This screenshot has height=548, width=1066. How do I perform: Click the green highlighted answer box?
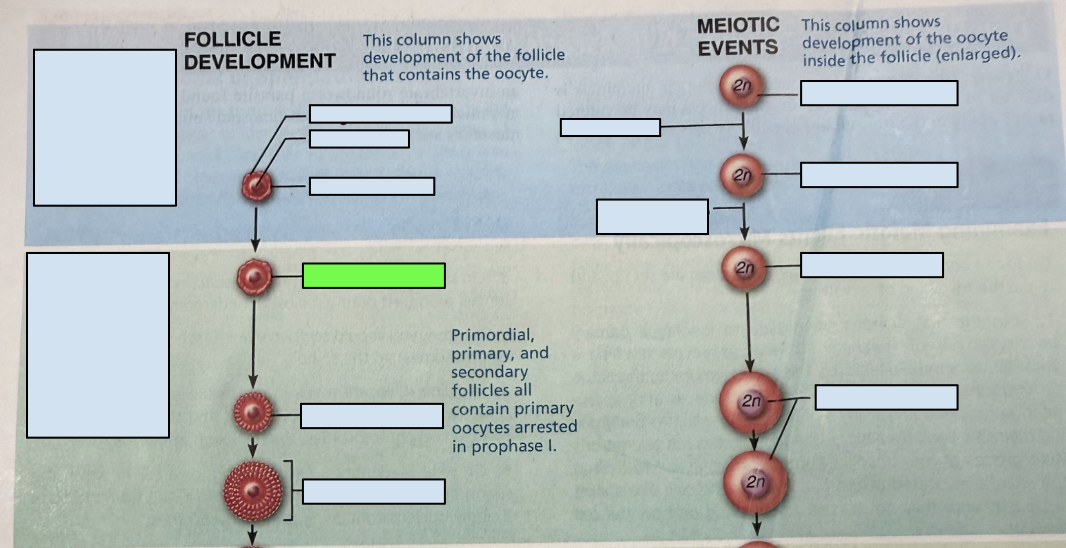click(x=374, y=276)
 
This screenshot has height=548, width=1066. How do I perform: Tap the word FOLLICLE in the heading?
click(x=232, y=39)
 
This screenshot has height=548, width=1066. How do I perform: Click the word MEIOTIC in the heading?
click(x=738, y=25)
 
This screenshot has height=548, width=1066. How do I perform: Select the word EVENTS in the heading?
click(x=738, y=48)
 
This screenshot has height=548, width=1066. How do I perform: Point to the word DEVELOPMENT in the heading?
click(x=260, y=61)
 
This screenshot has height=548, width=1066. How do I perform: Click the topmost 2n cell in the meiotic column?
click(x=741, y=86)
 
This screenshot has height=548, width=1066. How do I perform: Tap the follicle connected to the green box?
click(x=254, y=277)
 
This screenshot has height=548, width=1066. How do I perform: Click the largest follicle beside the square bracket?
click(x=252, y=490)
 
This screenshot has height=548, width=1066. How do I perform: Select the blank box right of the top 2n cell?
click(x=879, y=93)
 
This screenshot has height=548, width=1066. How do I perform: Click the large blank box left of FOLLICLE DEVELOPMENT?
click(x=105, y=127)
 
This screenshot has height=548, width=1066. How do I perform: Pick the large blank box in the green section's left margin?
click(x=98, y=345)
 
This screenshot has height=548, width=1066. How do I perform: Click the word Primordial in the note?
click(x=493, y=335)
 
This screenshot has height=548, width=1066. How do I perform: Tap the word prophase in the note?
click(x=508, y=447)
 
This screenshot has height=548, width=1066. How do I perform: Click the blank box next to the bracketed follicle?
click(x=374, y=491)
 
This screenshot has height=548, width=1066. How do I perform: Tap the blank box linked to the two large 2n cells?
click(x=886, y=397)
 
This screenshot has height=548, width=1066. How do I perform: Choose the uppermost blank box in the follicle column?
click(x=380, y=113)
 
